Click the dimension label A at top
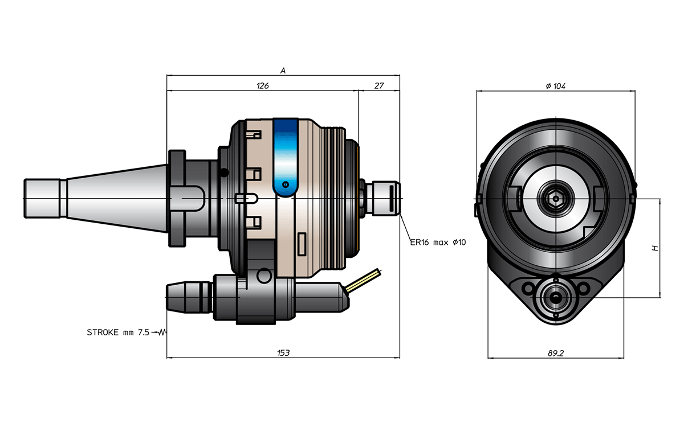coord(283,71)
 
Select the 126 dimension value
coord(263,86)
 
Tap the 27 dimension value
coord(378,86)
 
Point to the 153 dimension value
coord(283,353)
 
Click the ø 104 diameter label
coord(555,87)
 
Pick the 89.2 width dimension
coord(555,353)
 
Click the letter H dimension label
coord(655,248)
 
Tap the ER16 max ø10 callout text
coord(438,243)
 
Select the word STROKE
coord(103,332)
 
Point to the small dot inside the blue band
coord(286,184)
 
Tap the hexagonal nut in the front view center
coord(556,199)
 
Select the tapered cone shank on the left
coord(117,199)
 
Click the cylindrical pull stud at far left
coord(42,199)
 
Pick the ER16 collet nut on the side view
coord(382,199)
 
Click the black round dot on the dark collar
coord(224,173)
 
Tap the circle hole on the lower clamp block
coord(264,276)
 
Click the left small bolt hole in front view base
coord(528,288)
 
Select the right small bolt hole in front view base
coord(583,288)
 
